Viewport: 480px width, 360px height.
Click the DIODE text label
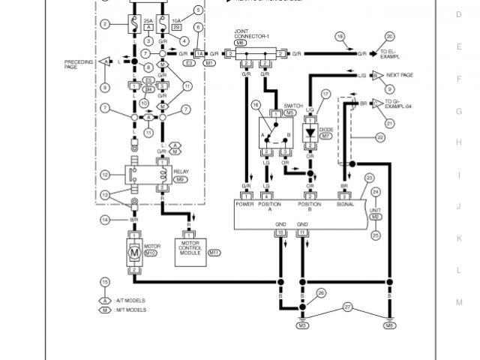click(x=325, y=128)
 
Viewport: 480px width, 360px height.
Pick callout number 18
click(x=340, y=36)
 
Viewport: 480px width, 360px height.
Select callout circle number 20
click(x=389, y=36)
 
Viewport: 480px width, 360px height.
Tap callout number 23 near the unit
click(x=369, y=178)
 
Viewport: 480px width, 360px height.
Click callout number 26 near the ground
click(x=321, y=292)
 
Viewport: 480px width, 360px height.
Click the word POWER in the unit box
click(x=245, y=203)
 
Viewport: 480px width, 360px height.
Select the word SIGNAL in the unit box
click(x=345, y=203)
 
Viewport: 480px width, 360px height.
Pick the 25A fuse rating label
click(x=148, y=20)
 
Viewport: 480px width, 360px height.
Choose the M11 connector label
click(x=214, y=253)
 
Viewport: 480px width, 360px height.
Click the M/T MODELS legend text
click(x=131, y=310)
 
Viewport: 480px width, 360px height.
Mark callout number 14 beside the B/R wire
click(x=106, y=219)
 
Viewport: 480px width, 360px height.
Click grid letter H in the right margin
click(x=459, y=142)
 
